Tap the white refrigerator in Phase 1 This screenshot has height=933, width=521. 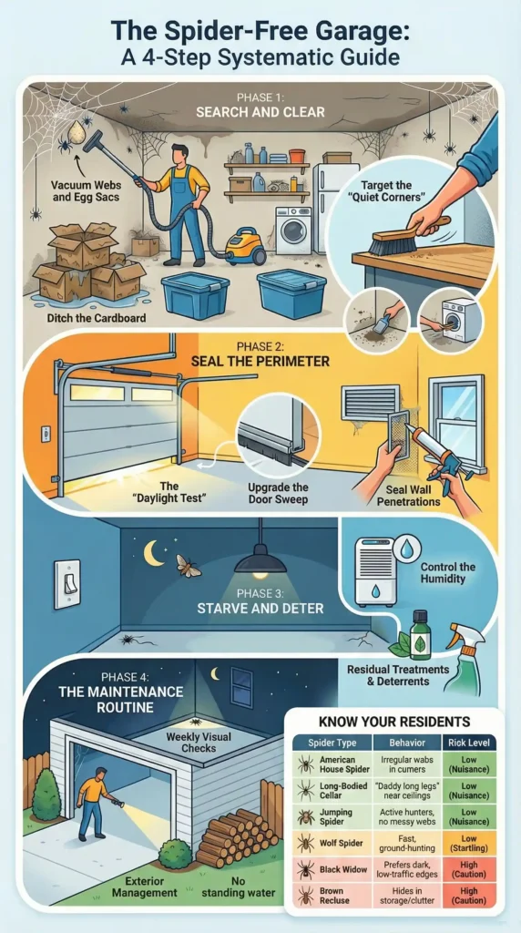point(334,205)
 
